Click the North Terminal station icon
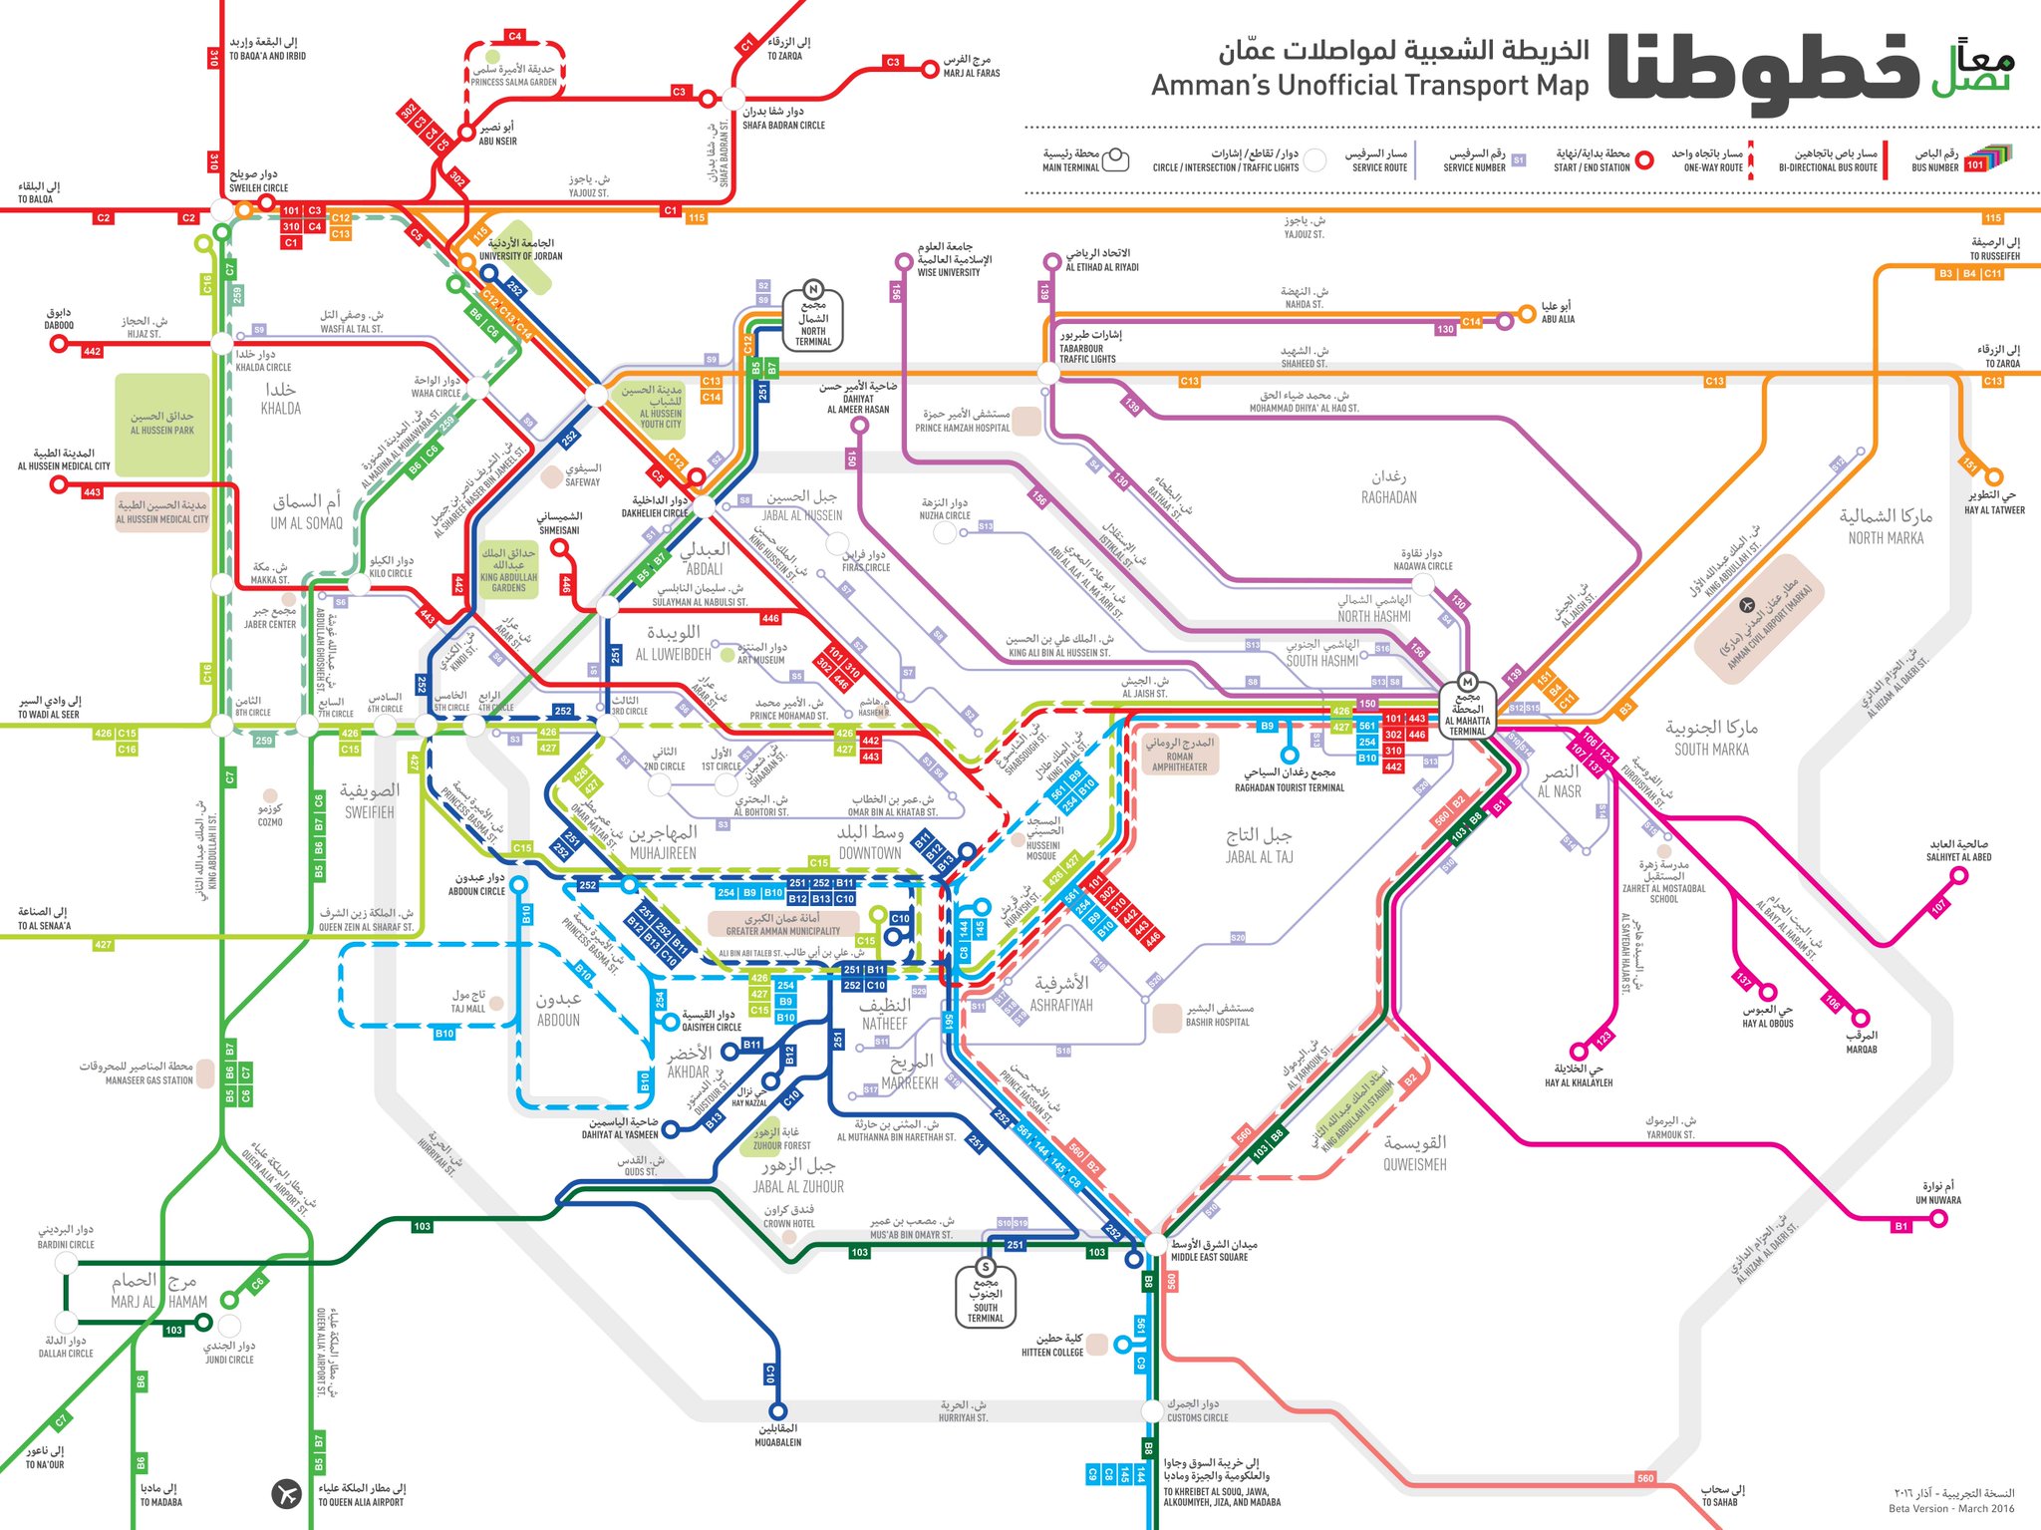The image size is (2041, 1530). (813, 289)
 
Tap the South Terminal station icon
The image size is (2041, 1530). (986, 1267)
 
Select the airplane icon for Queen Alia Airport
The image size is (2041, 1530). (286, 1494)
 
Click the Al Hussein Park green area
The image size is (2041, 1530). (162, 424)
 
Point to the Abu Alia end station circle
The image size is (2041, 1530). (1526, 314)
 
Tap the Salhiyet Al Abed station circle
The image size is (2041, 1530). (1958, 876)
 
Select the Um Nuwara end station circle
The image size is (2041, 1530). (1938, 1218)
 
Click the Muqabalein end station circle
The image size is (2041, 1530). (777, 1410)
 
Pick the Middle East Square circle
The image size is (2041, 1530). (1155, 1243)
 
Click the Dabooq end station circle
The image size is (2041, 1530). (59, 344)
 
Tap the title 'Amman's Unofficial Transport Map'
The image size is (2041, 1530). (1369, 86)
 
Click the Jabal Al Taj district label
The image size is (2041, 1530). (1259, 844)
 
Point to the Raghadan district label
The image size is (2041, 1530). (1388, 486)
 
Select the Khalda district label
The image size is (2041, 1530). (280, 398)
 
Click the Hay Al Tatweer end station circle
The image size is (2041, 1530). (1994, 477)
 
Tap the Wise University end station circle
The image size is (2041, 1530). (903, 262)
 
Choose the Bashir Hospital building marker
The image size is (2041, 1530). (1167, 1018)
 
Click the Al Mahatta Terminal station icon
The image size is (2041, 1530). (1467, 683)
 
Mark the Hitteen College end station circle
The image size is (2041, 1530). (1122, 1344)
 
